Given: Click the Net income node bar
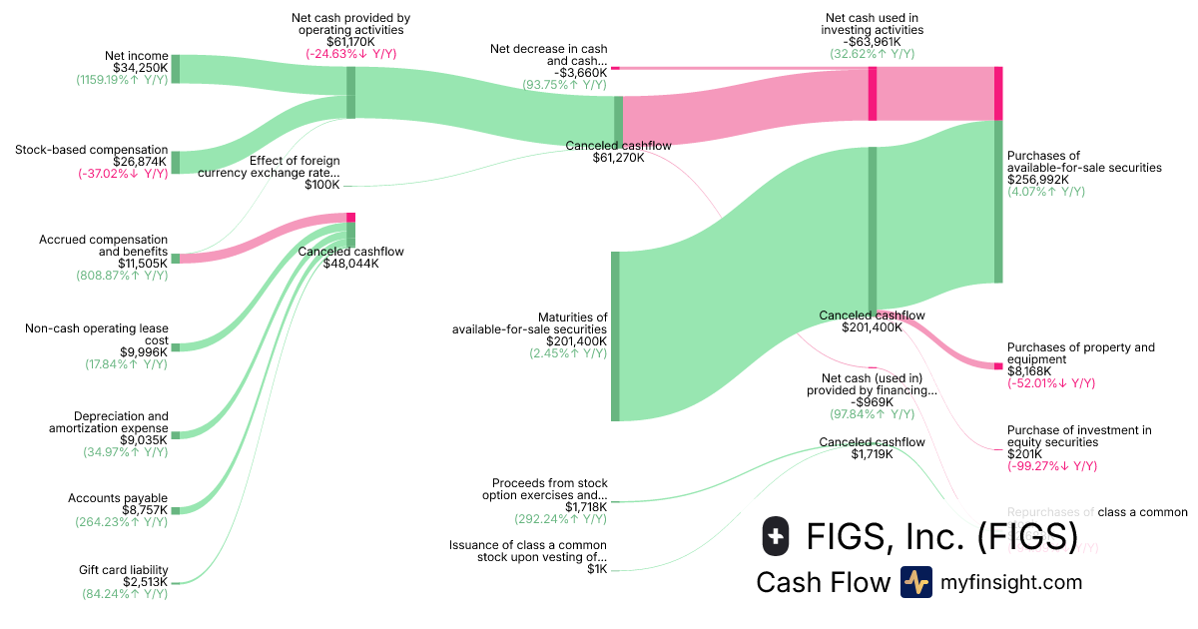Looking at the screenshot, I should coord(176,69).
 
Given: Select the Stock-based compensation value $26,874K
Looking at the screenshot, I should coord(141,162).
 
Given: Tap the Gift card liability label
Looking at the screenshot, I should coord(123,570).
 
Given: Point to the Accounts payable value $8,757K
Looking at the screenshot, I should coord(141,509).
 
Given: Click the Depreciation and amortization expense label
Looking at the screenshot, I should coord(109,422).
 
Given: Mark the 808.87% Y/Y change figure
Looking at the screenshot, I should coord(122,276).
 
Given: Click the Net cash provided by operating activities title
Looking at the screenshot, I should coord(350,24).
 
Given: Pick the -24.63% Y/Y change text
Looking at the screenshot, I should coord(350,54).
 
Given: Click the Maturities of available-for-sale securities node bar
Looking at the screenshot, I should coord(615,336).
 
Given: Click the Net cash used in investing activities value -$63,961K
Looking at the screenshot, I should coord(873,42).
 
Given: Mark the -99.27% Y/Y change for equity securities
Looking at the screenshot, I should coord(1051,465).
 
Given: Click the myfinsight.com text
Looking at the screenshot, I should coord(1011,582).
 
